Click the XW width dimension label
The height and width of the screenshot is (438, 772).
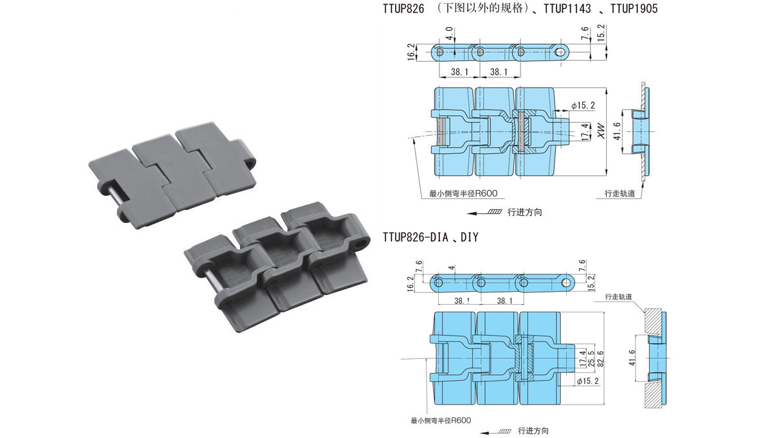[x=602, y=131]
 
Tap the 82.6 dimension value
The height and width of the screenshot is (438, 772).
[x=600, y=359]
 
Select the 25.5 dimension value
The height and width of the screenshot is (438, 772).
[x=591, y=359]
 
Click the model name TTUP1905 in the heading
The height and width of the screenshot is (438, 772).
[x=634, y=8]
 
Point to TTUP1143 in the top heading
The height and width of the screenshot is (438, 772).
[x=567, y=8]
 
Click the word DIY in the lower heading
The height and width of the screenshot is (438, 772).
[x=470, y=237]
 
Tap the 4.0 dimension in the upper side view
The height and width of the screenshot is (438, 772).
[x=450, y=33]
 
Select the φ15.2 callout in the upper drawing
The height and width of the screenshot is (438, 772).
[x=583, y=105]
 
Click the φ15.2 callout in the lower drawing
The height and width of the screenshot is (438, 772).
[x=588, y=381]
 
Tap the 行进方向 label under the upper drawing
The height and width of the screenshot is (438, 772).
[x=524, y=212]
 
